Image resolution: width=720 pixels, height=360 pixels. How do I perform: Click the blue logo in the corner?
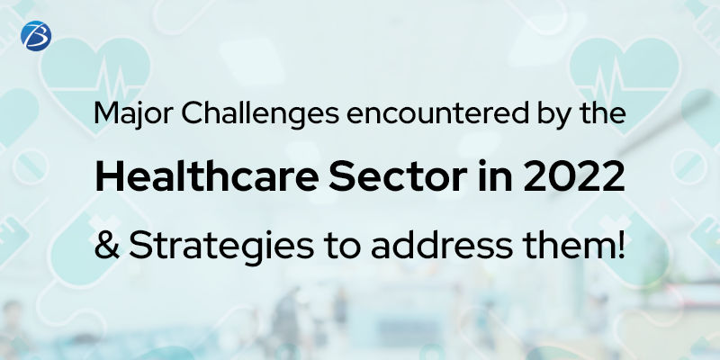pos(36,33)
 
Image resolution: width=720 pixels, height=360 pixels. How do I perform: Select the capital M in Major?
pos(105,117)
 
